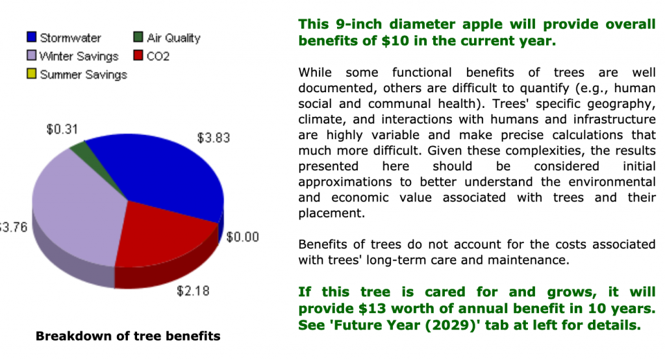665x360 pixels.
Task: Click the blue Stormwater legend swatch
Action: (x=31, y=37)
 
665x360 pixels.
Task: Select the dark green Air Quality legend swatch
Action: (x=138, y=37)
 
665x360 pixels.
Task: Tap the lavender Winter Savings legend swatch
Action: (x=31, y=55)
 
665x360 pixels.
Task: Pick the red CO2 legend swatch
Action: (x=138, y=55)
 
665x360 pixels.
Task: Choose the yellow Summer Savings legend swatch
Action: (x=31, y=73)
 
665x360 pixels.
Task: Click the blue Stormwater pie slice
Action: (x=169, y=174)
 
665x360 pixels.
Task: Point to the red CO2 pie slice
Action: (x=161, y=238)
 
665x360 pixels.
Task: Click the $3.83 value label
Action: (x=213, y=138)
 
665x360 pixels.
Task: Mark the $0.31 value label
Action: (x=62, y=129)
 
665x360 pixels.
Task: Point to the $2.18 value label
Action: (x=193, y=291)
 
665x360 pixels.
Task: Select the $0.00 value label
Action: (x=243, y=237)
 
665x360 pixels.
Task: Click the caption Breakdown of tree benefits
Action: (x=128, y=336)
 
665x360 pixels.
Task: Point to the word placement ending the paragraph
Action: (x=331, y=213)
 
